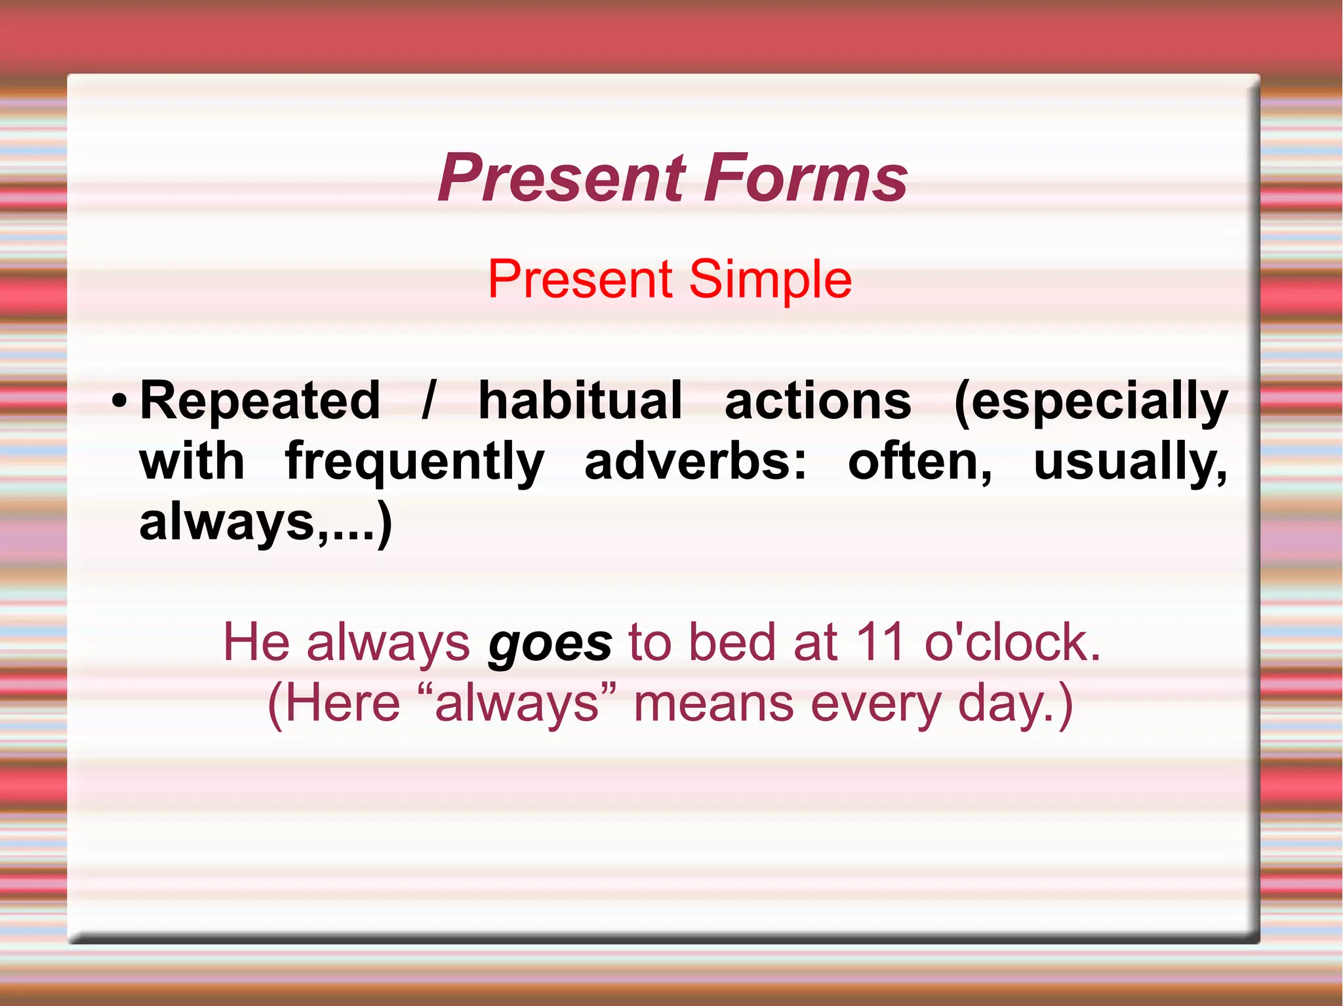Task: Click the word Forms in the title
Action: [806, 178]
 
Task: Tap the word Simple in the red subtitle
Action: [770, 279]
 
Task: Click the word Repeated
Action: [260, 400]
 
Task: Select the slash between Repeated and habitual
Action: [428, 400]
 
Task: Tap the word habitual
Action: [580, 400]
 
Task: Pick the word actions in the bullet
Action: [818, 400]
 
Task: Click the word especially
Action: [1091, 402]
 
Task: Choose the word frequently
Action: [414, 462]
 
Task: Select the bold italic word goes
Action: [550, 644]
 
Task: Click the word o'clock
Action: [1012, 642]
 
